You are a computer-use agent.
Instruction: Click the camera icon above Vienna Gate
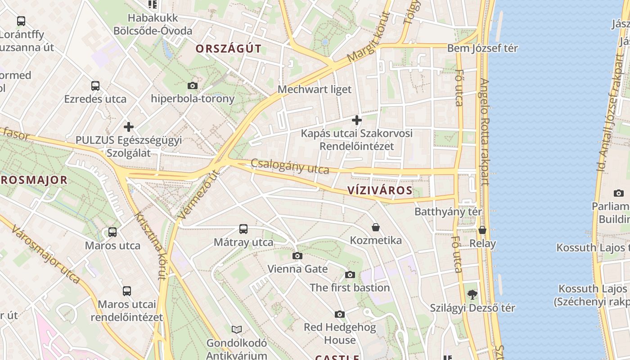(297, 256)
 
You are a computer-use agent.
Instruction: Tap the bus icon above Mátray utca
(243, 229)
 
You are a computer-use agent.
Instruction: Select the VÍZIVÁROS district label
(380, 190)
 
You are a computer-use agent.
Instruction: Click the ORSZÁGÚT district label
(228, 49)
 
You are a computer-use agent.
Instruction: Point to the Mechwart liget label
(314, 89)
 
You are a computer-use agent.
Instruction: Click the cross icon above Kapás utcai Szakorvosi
(356, 120)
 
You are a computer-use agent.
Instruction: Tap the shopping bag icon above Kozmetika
(376, 227)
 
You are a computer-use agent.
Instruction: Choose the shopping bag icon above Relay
(482, 230)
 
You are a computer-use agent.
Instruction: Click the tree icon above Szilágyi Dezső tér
(472, 295)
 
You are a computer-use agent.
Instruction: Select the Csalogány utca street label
(290, 166)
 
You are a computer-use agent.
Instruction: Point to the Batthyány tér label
(448, 211)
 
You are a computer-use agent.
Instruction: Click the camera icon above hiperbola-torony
(193, 85)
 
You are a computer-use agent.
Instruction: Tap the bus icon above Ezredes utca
(95, 86)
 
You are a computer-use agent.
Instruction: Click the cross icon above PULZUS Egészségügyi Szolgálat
(129, 127)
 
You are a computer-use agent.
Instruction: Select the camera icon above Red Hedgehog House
(340, 314)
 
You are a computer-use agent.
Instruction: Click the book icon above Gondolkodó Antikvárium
(237, 329)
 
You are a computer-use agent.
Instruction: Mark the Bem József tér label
(482, 48)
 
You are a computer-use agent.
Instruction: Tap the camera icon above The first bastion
(350, 274)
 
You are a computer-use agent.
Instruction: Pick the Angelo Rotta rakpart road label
(484, 132)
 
